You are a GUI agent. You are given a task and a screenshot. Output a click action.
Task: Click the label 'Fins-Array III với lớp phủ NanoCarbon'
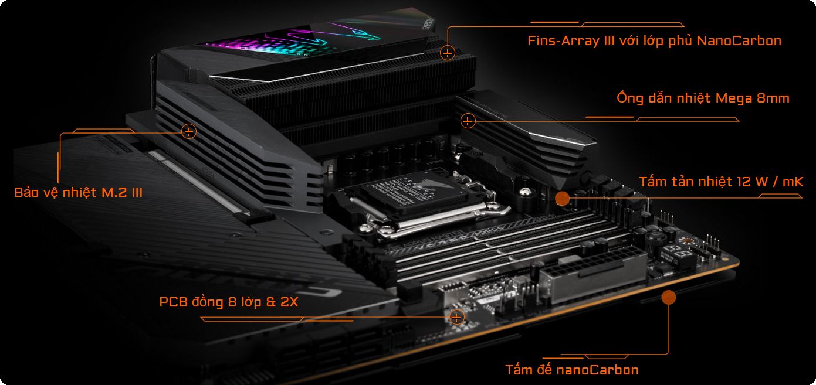[x=654, y=41]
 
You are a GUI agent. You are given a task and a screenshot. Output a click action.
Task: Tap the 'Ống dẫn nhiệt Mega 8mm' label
[x=703, y=98]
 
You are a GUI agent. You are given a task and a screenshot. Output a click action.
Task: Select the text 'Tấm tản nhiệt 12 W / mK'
[x=722, y=182]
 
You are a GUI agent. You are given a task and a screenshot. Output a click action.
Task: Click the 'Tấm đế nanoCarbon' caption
[x=572, y=370]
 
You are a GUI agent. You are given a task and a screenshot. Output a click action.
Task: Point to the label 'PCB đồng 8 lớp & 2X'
[x=229, y=302]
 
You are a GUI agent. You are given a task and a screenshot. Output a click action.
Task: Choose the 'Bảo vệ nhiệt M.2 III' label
[x=79, y=192]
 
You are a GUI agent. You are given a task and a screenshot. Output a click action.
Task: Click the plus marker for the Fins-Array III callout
[x=448, y=53]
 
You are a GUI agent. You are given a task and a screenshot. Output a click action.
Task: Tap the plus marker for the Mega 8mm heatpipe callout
[x=468, y=121]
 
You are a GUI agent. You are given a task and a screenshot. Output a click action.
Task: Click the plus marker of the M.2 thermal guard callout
[x=189, y=131]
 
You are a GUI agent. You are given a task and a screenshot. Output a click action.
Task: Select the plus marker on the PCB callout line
[x=456, y=317]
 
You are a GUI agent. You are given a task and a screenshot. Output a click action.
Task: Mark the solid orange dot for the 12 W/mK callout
[x=562, y=198]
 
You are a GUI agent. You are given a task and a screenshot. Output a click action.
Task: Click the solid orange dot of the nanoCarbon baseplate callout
[x=669, y=297]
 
